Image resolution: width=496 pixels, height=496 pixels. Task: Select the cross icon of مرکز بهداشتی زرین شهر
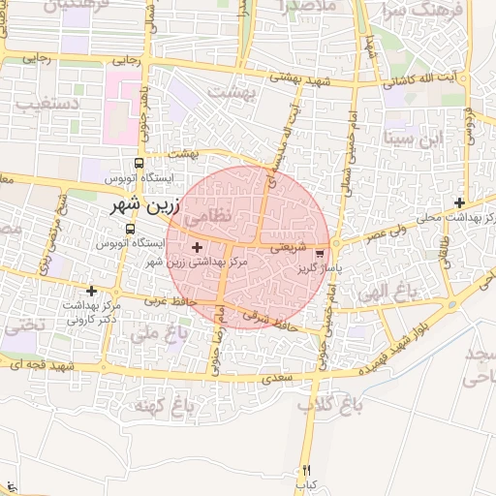click(x=199, y=248)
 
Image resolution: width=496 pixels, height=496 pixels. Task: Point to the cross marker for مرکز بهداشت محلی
click(x=459, y=202)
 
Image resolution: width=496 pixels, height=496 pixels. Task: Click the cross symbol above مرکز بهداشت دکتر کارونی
click(x=92, y=291)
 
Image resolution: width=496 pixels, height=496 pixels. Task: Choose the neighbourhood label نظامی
click(x=208, y=217)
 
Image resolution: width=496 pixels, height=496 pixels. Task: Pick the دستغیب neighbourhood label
click(x=26, y=102)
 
